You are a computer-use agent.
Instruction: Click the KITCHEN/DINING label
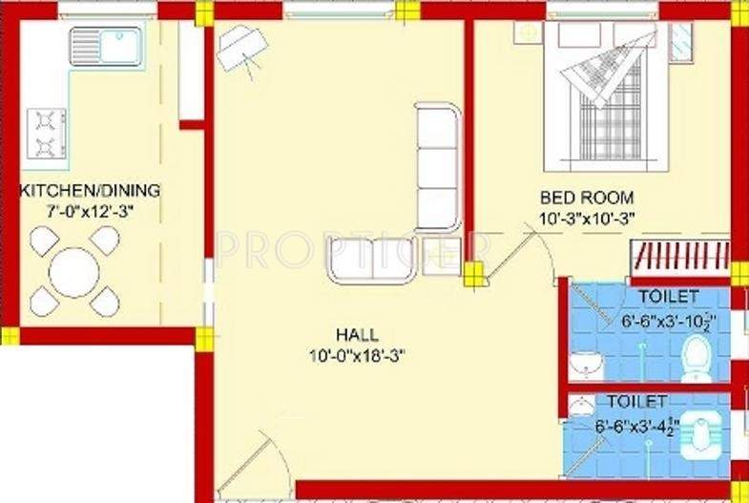pyautogui.click(x=90, y=191)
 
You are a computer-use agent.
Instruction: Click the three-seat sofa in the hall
pyautogui.click(x=437, y=167)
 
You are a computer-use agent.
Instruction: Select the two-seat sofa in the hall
pyautogui.click(x=372, y=260)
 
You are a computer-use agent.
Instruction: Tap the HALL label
pyautogui.click(x=357, y=335)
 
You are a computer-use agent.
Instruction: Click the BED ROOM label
pyautogui.click(x=587, y=198)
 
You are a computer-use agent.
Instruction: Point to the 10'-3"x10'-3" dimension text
pyautogui.click(x=587, y=217)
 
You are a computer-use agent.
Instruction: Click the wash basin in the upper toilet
pyautogui.click(x=584, y=364)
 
